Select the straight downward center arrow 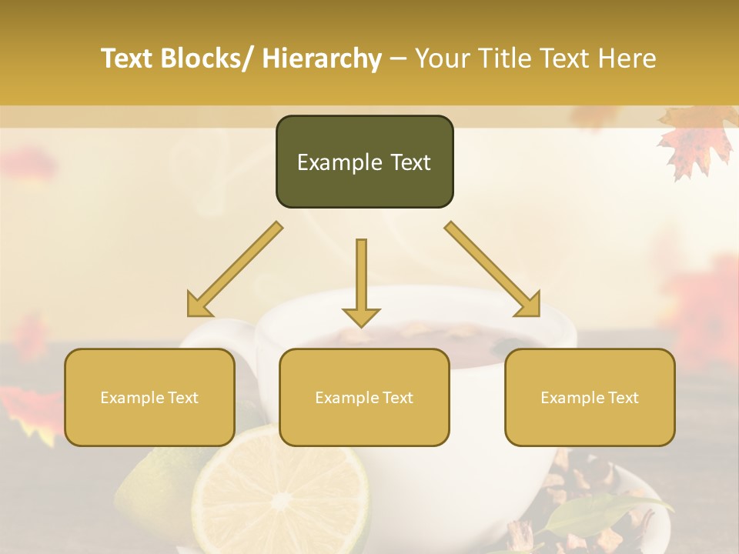click(x=361, y=277)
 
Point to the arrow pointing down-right click(x=493, y=269)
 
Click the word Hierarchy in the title click(x=321, y=59)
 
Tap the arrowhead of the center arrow click(x=361, y=316)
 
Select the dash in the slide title click(x=398, y=59)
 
